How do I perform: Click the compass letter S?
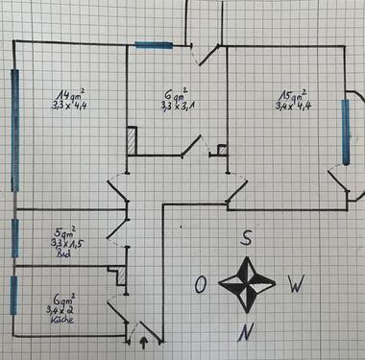(x=247, y=240)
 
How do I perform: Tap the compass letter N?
(x=247, y=332)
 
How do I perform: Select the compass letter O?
(x=200, y=285)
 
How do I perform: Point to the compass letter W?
(x=298, y=284)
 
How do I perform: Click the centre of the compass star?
(x=248, y=284)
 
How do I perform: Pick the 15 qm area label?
(x=292, y=96)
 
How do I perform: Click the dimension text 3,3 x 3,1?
(x=175, y=108)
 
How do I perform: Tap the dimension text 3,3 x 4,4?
(x=70, y=109)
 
